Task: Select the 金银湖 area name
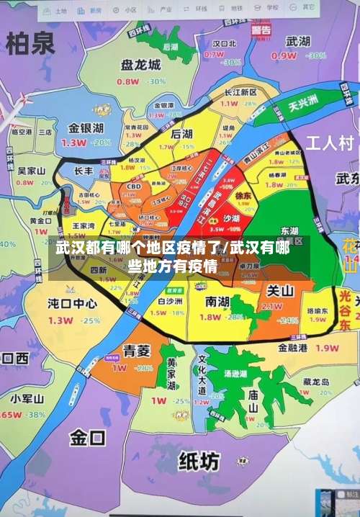click(x=86, y=128)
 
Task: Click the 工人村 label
click(x=330, y=142)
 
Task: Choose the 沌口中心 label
click(x=72, y=303)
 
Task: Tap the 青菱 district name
click(x=137, y=351)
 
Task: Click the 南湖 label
click(x=218, y=300)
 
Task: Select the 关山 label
click(x=280, y=291)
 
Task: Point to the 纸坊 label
click(x=199, y=459)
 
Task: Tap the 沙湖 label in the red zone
click(x=231, y=218)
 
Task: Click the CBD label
click(x=133, y=186)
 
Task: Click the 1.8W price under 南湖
click(x=210, y=317)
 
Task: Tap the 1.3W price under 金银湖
click(x=73, y=143)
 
